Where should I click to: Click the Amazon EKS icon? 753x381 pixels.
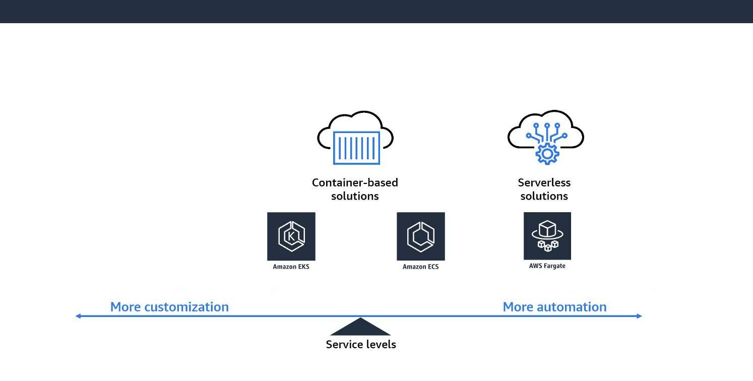tap(291, 236)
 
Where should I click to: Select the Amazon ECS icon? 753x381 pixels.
tap(420, 236)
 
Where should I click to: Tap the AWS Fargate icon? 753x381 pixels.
tap(547, 235)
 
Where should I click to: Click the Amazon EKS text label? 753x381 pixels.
tap(291, 267)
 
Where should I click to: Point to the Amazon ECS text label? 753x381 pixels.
tap(420, 267)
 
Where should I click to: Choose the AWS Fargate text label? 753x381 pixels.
tap(547, 266)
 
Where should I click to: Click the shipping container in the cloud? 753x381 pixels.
tap(356, 148)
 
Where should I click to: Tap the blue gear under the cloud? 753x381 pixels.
tap(546, 153)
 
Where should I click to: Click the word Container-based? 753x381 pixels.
tap(355, 182)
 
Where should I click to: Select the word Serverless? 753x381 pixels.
tap(544, 182)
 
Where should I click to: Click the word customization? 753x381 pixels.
tap(186, 307)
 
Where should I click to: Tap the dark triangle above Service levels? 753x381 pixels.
tap(360, 328)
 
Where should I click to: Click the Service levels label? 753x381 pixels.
tap(361, 345)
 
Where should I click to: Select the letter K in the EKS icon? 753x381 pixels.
tap(291, 236)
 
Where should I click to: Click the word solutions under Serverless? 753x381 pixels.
tap(544, 196)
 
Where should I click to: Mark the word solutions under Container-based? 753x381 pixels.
tap(355, 196)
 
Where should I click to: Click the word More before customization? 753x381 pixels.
tap(126, 307)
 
